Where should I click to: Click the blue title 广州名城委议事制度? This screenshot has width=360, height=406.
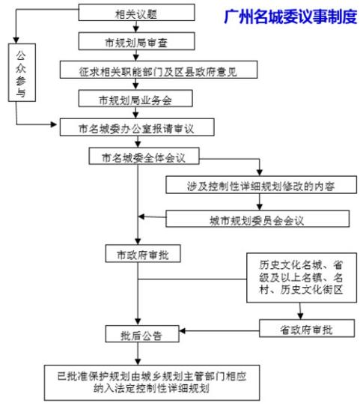click(290, 17)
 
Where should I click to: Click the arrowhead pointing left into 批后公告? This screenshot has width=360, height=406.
click(182, 331)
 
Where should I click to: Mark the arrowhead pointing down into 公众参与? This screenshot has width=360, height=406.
click(16, 40)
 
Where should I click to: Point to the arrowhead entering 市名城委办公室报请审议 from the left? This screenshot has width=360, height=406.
click(54, 124)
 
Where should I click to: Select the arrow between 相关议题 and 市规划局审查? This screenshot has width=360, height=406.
click(136, 26)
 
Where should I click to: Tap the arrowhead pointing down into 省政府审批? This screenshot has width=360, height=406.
click(300, 316)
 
